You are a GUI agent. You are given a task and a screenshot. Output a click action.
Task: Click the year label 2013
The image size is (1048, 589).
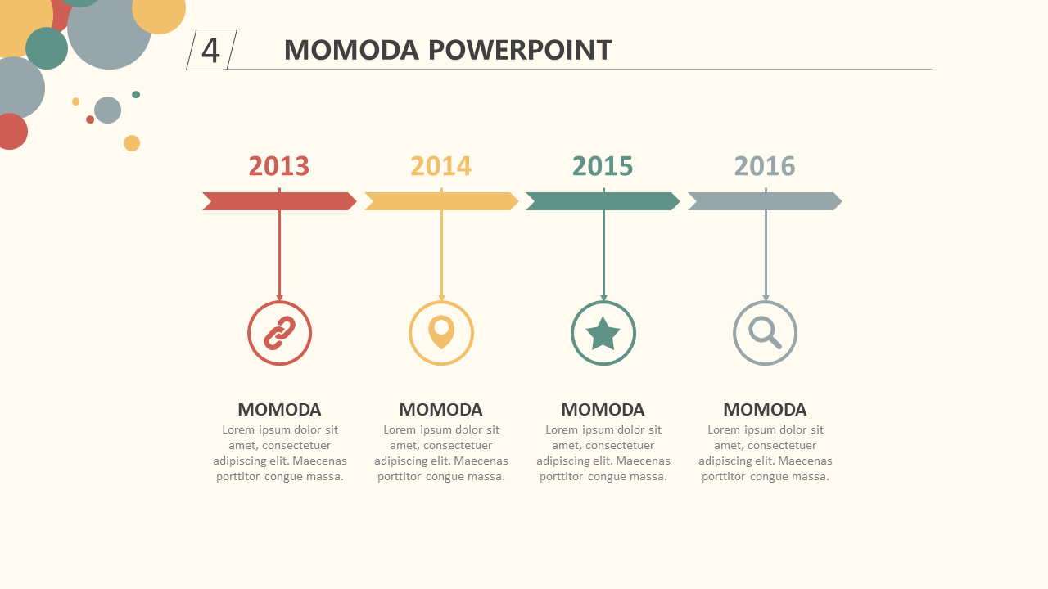279,166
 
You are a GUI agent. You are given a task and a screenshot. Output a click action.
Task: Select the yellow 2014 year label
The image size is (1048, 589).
440,166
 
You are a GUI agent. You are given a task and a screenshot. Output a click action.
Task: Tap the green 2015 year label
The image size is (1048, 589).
603,166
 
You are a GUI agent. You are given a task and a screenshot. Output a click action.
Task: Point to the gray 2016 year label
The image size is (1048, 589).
765,166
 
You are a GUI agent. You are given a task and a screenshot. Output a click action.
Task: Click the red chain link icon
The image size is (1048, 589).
280,333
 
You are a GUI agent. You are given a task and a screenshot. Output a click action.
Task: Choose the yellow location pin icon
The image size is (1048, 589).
441,332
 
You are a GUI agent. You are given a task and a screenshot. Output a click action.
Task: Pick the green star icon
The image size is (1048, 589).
603,334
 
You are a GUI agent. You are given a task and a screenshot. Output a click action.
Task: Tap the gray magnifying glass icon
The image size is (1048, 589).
765,332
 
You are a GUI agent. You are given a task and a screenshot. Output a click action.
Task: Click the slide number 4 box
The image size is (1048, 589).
211,50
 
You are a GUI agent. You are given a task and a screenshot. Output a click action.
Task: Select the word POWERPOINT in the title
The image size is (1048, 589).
520,50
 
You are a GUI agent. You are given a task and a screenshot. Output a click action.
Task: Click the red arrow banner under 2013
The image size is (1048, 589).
279,201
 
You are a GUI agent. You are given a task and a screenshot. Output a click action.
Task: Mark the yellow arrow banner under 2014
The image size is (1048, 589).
441,201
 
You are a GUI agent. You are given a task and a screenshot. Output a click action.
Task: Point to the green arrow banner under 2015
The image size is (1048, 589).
603,201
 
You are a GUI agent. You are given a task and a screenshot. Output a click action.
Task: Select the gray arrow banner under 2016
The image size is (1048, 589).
765,201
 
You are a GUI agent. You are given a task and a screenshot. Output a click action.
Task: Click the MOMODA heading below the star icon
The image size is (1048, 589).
603,410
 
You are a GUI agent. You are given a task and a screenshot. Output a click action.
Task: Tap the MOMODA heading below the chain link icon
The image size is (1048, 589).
279,410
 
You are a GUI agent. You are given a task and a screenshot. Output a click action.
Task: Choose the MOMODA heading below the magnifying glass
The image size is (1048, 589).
765,410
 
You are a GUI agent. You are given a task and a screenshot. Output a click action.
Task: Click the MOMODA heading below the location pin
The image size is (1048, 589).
440,410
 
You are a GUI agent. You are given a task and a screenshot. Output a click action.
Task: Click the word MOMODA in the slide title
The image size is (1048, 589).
351,50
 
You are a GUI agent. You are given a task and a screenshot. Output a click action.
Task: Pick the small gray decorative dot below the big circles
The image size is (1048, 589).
107,110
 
